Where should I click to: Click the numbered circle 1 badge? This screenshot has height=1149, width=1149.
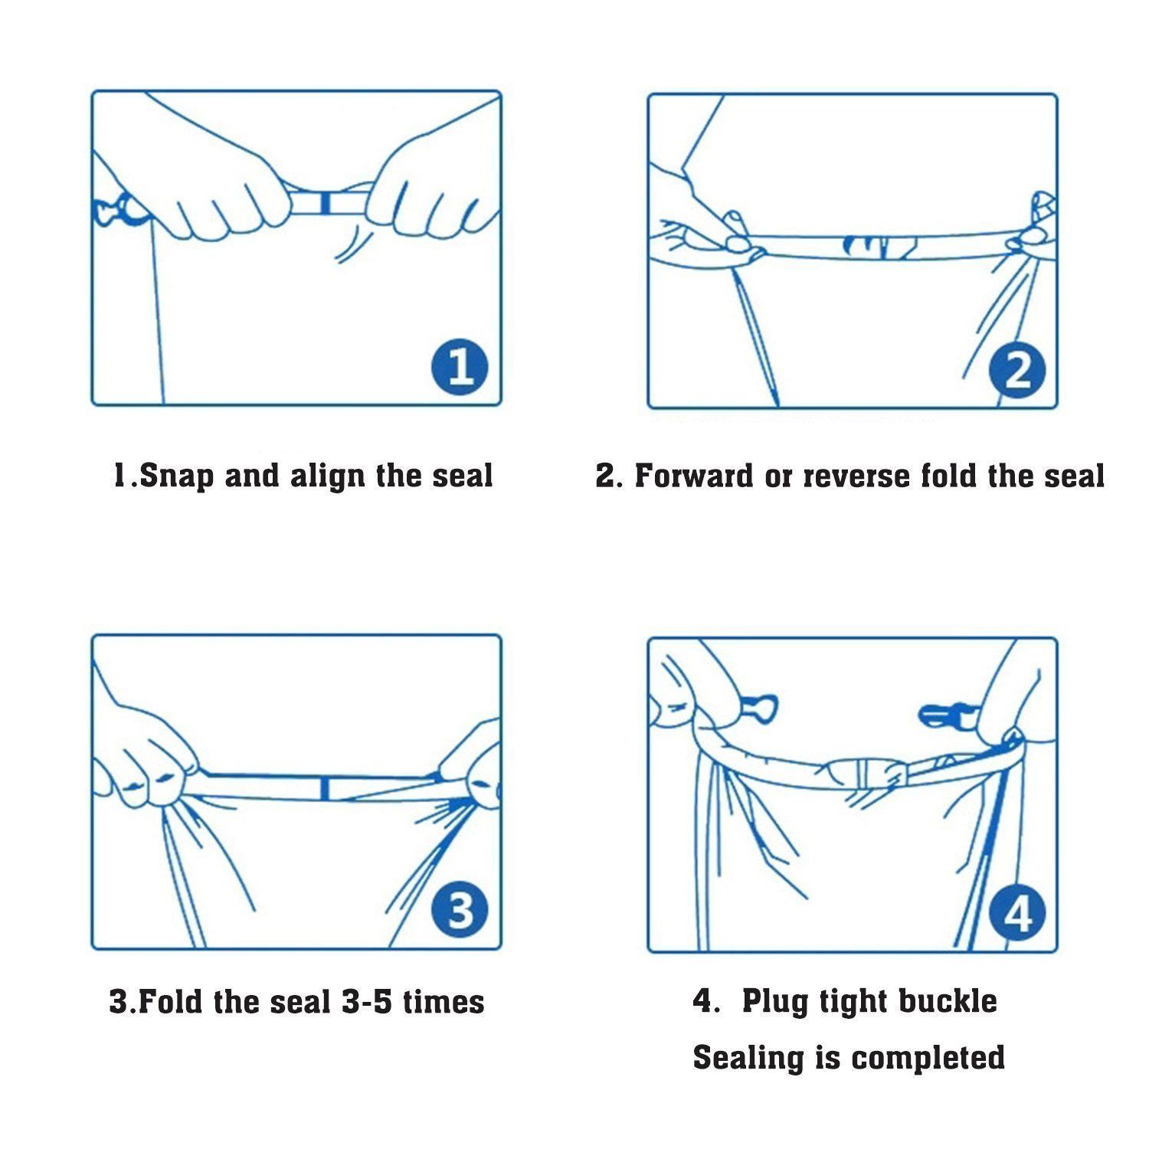tap(459, 367)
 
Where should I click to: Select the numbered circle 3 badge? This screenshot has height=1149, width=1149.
tap(460, 911)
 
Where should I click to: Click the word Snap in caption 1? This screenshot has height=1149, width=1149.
tap(177, 476)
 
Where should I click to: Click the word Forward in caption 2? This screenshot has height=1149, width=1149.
tap(694, 476)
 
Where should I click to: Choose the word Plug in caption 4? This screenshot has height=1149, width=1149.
tap(774, 1003)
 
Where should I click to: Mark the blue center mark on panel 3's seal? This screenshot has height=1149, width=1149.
tap(326, 788)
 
